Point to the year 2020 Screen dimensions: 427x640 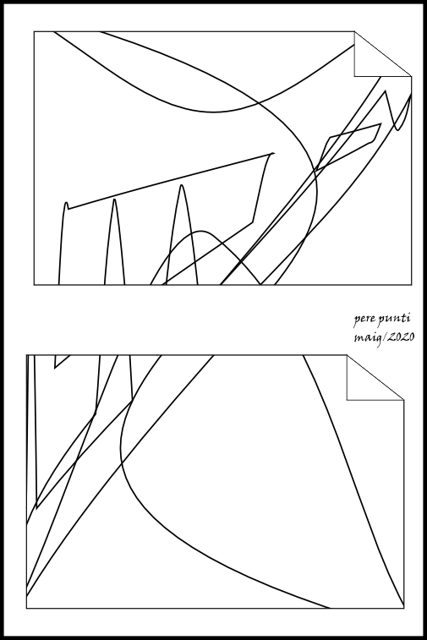click(401, 336)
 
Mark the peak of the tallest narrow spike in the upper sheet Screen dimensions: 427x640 click(182, 185)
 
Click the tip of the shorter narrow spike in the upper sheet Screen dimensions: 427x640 click(114, 200)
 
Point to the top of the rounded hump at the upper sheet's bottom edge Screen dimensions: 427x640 click(201, 232)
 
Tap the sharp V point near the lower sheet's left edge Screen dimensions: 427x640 click(36, 508)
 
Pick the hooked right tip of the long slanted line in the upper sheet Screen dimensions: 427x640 click(273, 154)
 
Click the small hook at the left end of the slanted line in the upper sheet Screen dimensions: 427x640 click(66, 204)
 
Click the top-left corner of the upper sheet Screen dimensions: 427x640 click(34, 31)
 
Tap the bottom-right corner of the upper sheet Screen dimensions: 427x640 click(411, 284)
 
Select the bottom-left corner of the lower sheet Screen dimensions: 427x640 click(26, 608)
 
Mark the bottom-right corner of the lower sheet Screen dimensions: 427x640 click(403, 608)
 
